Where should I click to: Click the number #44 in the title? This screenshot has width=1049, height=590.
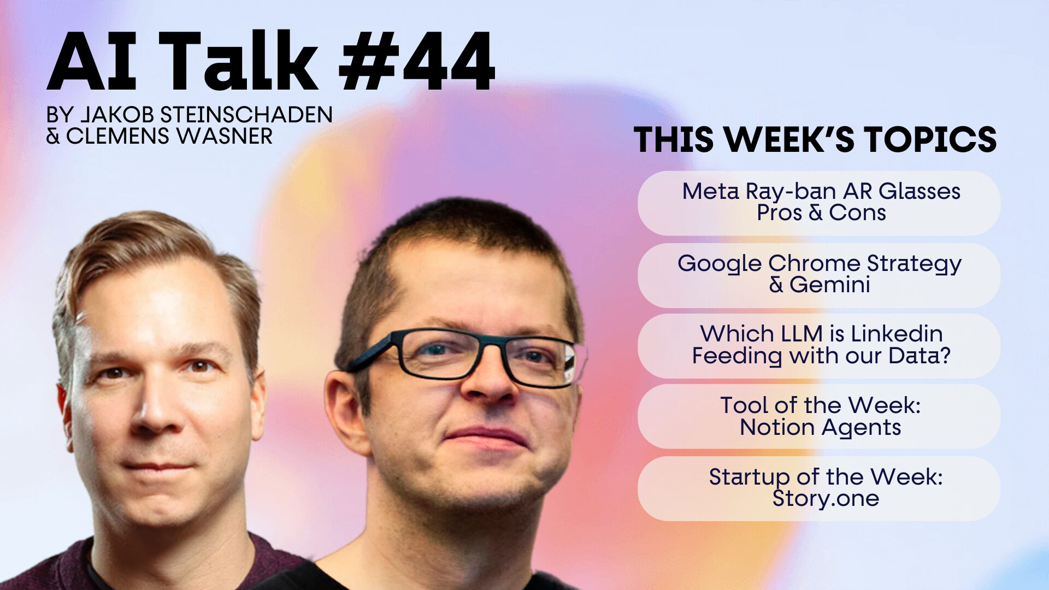click(417, 61)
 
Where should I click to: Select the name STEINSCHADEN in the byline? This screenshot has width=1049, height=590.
click(246, 115)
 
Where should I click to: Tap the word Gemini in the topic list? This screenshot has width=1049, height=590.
click(830, 285)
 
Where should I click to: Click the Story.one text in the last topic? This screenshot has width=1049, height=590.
click(826, 498)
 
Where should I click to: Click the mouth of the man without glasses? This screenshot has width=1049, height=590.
click(158, 467)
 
